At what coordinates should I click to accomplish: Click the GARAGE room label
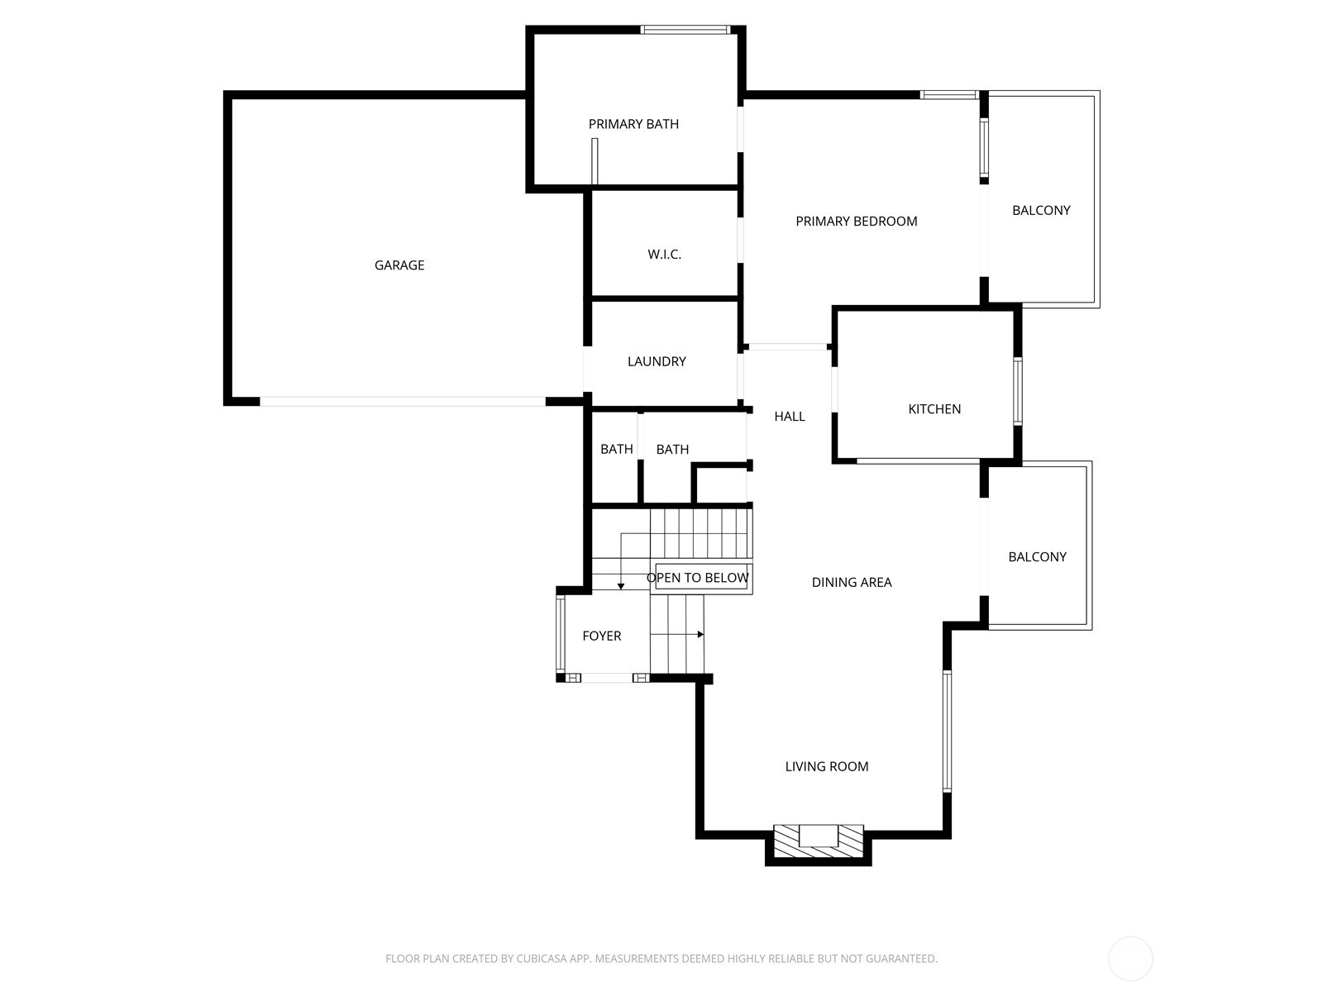(399, 265)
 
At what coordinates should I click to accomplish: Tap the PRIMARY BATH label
(633, 124)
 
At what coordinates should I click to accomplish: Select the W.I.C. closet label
(664, 255)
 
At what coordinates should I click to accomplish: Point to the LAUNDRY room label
(657, 361)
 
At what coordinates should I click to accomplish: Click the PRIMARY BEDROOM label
(856, 222)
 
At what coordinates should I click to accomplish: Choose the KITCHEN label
(934, 409)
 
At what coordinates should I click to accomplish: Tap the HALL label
(789, 417)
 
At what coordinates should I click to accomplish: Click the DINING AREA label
(851, 583)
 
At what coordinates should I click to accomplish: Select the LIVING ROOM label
(826, 767)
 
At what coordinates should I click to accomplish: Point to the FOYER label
(601, 637)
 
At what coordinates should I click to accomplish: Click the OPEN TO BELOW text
(698, 578)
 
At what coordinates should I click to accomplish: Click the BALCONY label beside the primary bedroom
(1041, 211)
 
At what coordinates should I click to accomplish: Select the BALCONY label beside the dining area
(1037, 557)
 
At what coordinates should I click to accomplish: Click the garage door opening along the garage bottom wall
(403, 402)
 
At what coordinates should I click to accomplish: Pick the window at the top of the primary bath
(685, 30)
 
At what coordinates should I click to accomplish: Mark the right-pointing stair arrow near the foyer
(700, 635)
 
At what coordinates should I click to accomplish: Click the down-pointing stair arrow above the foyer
(621, 585)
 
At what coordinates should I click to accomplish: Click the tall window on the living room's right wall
(947, 732)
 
